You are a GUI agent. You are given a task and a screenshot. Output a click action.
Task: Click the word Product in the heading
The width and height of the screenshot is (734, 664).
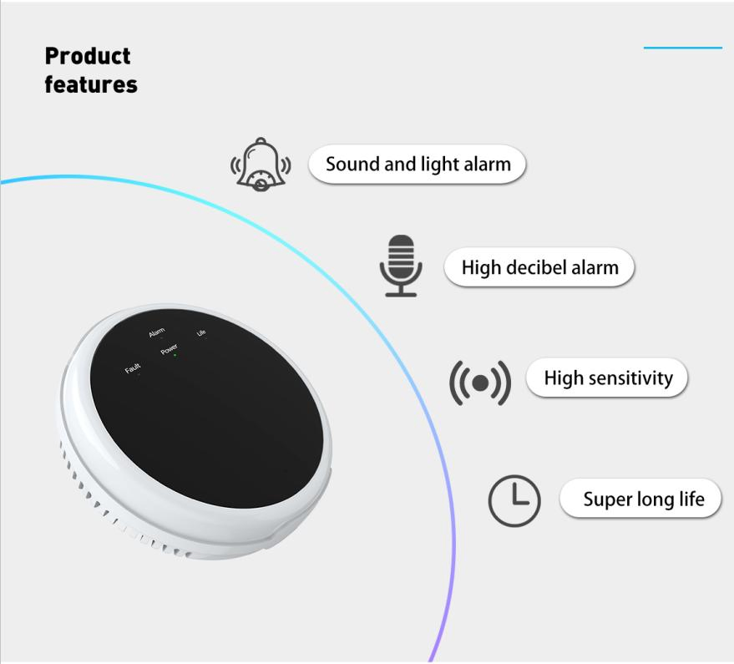pyautogui.click(x=88, y=56)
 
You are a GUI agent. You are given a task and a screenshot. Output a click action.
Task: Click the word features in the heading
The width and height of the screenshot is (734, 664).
pyautogui.click(x=91, y=84)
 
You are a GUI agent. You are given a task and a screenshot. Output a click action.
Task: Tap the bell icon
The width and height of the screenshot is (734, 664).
pyautogui.click(x=261, y=164)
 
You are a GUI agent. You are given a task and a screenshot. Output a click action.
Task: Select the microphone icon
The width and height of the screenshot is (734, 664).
pyautogui.click(x=401, y=266)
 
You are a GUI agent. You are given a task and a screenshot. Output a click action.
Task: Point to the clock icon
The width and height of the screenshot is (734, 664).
pyautogui.click(x=514, y=500)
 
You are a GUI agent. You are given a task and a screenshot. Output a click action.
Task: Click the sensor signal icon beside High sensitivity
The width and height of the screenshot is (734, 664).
pyautogui.click(x=480, y=383)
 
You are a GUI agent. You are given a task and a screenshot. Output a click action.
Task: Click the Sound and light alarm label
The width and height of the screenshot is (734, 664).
pyautogui.click(x=418, y=164)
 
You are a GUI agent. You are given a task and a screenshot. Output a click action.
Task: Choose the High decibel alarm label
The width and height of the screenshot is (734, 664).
pyautogui.click(x=539, y=268)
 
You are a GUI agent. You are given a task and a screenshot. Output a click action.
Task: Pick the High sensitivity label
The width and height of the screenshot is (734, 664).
pyautogui.click(x=607, y=378)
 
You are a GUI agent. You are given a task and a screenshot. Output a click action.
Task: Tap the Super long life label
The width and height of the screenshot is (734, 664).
pyautogui.click(x=643, y=499)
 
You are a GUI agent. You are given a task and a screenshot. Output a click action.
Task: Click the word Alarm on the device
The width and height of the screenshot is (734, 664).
pyautogui.click(x=156, y=333)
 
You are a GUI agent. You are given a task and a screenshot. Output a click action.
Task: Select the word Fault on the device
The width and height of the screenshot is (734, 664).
pyautogui.click(x=133, y=368)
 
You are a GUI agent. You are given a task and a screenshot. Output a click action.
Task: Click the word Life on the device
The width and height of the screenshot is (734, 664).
pyautogui.click(x=201, y=333)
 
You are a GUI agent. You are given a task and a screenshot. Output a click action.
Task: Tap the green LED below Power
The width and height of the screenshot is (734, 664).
pyautogui.click(x=175, y=356)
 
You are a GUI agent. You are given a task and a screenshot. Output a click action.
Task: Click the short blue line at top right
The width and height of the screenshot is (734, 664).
pyautogui.click(x=682, y=48)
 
